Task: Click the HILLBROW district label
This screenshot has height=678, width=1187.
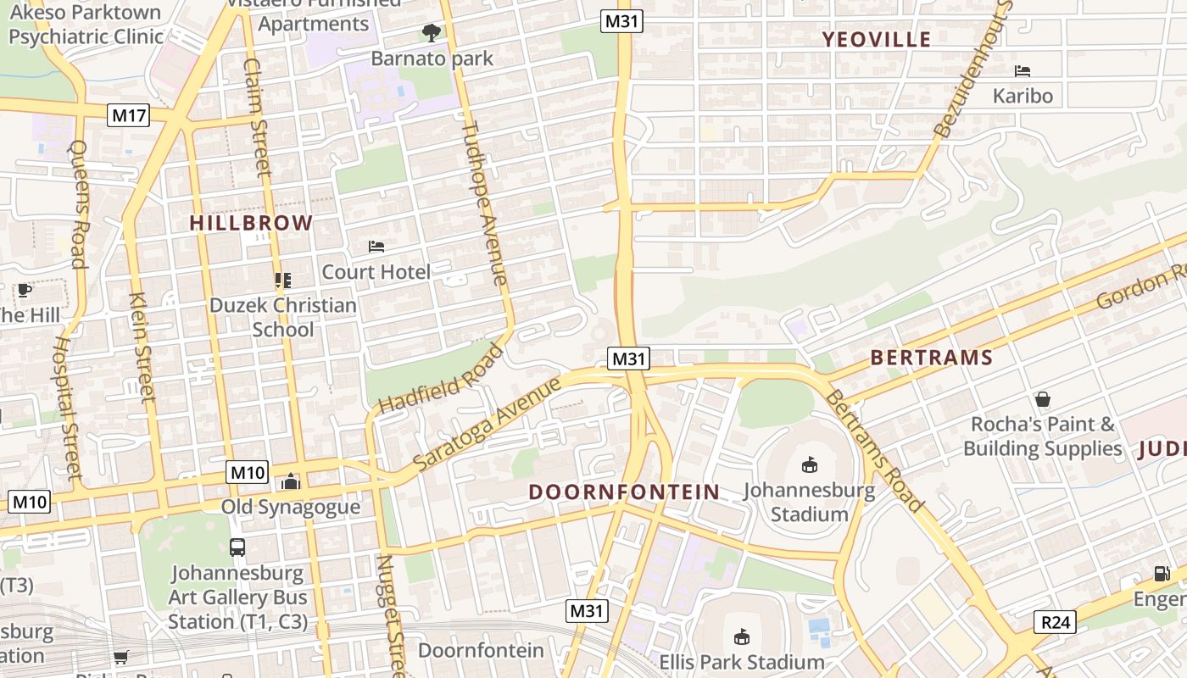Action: click(251, 224)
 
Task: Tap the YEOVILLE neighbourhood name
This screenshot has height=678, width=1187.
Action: click(877, 39)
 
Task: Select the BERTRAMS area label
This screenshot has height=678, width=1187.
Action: click(931, 358)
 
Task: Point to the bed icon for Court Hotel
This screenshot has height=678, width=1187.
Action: click(376, 247)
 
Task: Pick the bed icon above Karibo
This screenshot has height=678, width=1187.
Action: click(1023, 71)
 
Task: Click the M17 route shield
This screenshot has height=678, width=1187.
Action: click(129, 115)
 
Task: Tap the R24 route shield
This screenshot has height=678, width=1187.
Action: click(1055, 623)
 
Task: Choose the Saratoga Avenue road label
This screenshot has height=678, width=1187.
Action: click(487, 424)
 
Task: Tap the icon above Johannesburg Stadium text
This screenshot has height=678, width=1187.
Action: click(810, 464)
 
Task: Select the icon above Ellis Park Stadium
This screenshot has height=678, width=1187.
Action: click(742, 636)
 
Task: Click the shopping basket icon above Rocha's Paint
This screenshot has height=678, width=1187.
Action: click(1043, 398)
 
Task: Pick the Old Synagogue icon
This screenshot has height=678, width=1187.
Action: click(291, 481)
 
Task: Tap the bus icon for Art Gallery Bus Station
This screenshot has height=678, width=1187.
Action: click(237, 547)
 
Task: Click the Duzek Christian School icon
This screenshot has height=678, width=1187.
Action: click(282, 280)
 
